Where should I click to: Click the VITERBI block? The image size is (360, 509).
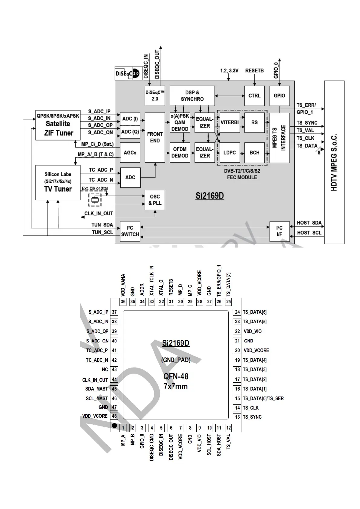click(x=230, y=123)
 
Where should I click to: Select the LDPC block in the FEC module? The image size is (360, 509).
click(x=230, y=153)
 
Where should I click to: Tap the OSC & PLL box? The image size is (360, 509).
click(x=155, y=200)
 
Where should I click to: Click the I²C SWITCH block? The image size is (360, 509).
click(x=130, y=231)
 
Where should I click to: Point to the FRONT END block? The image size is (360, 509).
click(x=155, y=137)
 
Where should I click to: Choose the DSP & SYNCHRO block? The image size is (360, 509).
click(x=192, y=96)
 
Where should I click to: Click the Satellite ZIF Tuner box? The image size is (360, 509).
click(x=58, y=125)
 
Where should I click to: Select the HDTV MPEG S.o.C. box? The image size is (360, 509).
click(x=334, y=162)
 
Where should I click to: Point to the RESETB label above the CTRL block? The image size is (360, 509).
click(x=254, y=70)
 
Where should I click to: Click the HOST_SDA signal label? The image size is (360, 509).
click(x=309, y=223)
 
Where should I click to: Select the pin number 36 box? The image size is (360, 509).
click(x=123, y=302)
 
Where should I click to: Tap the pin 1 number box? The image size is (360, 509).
click(x=123, y=428)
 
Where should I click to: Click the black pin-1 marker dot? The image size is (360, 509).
click(x=114, y=426)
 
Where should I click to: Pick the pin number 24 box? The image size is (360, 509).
click(x=237, y=312)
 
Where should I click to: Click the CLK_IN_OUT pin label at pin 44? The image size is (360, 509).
click(x=95, y=380)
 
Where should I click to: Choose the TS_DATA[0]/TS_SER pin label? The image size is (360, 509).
click(x=263, y=398)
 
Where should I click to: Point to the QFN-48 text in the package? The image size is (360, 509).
click(x=176, y=377)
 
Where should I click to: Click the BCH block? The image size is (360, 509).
click(x=254, y=153)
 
